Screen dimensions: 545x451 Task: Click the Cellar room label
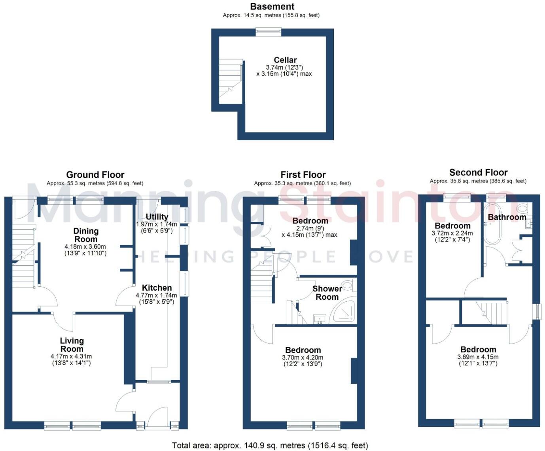pos(285,60)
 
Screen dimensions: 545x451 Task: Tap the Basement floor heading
pos(272,7)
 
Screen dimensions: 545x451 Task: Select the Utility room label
pos(157,217)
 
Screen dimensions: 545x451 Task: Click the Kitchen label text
pos(157,288)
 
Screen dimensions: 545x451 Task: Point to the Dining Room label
pos(86,235)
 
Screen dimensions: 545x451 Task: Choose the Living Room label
pos(72,344)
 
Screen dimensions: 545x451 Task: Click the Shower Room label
pos(327,293)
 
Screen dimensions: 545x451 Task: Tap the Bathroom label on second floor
pos(507,217)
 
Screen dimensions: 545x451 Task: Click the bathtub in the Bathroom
pos(493,224)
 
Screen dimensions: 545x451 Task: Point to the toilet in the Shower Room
pos(348,284)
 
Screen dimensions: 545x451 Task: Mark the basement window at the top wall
pos(269,32)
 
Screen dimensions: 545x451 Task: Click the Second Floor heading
pos(478,172)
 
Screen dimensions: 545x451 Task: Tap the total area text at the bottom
pos(270,445)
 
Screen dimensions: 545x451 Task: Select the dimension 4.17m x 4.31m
pos(71,356)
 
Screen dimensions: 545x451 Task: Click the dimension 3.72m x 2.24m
pos(452,233)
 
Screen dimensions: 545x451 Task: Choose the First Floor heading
pos(303,175)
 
